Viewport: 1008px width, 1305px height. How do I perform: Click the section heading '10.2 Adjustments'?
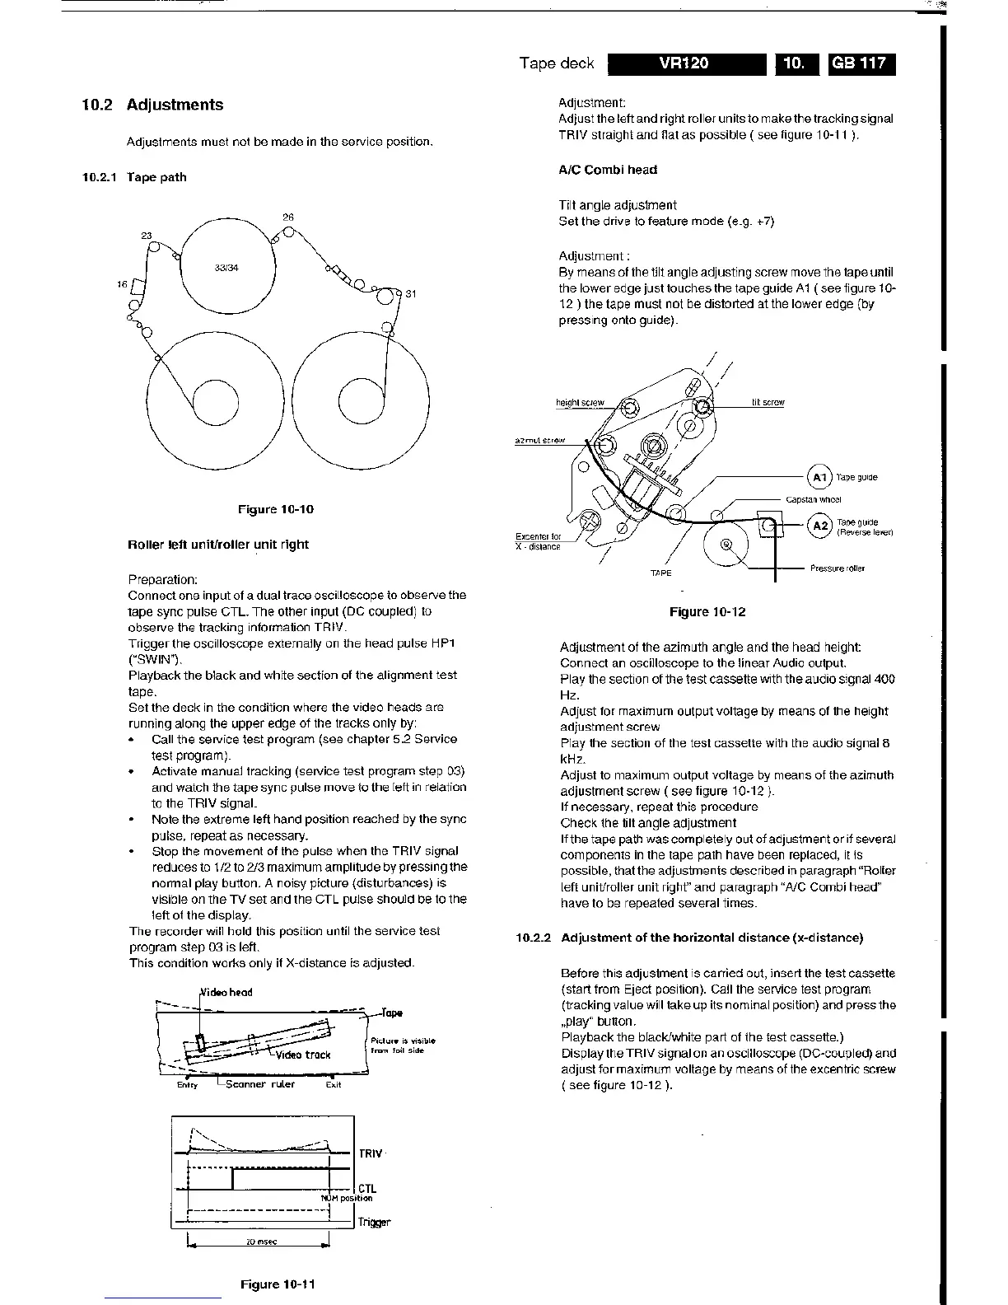point(152,105)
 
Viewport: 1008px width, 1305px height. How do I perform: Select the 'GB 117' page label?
point(862,64)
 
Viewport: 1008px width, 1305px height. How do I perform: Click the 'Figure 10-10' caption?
point(275,509)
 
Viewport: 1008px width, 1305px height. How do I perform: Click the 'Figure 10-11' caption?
point(278,1284)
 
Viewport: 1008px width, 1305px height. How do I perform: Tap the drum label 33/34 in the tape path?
point(226,268)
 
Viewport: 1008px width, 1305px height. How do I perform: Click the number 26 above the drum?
point(288,217)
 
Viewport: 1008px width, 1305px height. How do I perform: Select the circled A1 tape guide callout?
point(819,477)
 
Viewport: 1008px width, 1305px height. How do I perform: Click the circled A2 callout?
point(819,526)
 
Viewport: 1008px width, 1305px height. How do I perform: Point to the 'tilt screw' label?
point(768,403)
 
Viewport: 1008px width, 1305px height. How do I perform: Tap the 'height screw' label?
point(580,403)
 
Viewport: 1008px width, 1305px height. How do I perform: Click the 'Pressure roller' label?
point(838,568)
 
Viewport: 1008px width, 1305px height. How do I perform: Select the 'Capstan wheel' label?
point(813,499)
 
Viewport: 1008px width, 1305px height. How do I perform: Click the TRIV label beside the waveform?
point(371,1154)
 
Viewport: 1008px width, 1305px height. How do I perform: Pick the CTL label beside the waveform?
point(367,1188)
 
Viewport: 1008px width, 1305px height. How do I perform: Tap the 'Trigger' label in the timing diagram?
point(374,1223)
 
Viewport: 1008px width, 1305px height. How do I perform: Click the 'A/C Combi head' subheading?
point(608,170)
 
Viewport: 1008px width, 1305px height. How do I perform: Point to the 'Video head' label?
point(226,992)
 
